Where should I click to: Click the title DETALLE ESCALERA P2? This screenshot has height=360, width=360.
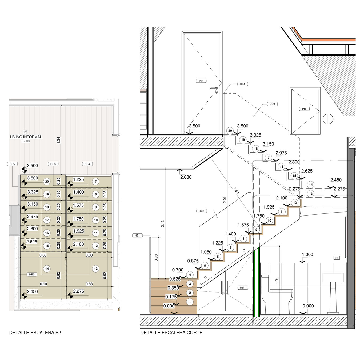(35, 333)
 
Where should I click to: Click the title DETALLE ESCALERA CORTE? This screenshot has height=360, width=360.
(171, 333)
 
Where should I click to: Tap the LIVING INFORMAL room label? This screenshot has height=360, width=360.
(26, 137)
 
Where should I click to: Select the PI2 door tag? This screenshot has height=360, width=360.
(201, 81)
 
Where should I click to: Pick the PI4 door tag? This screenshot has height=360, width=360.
(304, 109)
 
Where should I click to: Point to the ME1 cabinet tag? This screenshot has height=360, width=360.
(243, 288)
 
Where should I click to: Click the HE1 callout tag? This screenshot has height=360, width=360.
(137, 235)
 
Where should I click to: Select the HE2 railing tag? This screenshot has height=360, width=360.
(201, 211)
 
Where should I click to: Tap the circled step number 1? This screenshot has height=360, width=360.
(190, 302)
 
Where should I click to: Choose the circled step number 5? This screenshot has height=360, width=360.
(205, 266)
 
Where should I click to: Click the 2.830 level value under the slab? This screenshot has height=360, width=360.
(186, 177)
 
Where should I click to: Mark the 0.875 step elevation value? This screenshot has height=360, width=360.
(193, 261)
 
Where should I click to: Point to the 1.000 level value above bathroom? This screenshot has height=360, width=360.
(307, 255)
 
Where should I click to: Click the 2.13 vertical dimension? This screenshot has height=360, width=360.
(163, 223)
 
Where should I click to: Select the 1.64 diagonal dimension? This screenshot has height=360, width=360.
(236, 191)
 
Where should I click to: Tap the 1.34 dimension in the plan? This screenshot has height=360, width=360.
(59, 140)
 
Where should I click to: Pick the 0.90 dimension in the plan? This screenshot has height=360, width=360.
(43, 284)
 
